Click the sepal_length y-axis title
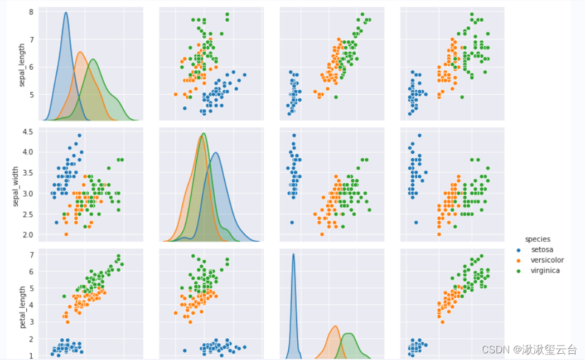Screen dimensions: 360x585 (22, 66)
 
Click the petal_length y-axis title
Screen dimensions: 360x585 (22, 307)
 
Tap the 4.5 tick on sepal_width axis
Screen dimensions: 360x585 (27, 132)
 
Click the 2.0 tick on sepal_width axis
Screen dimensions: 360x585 (27, 235)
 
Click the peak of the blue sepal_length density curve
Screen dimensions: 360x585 (66, 13)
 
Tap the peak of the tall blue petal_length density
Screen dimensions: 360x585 (293, 255)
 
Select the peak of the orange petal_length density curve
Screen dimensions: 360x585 (335, 327)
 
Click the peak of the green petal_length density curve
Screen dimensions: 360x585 (349, 333)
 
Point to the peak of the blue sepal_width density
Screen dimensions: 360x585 (216, 153)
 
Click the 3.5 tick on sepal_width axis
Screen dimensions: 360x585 (27, 173)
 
